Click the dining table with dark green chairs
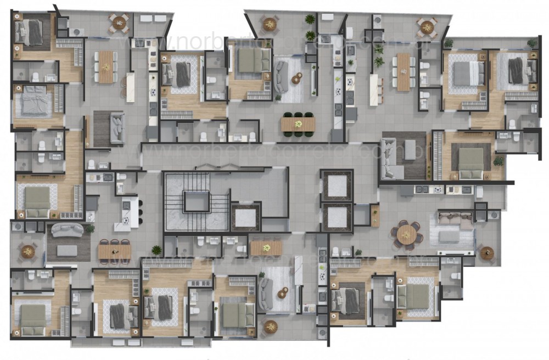pos(298,125)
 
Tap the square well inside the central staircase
pos(196,201)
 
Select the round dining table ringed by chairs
pos(407,235)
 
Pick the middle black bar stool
pos(140,211)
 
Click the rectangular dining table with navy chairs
pos(115,250)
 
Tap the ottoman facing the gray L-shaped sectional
pos(411,149)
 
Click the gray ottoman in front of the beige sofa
pos(449,236)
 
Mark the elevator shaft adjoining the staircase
pos(246,218)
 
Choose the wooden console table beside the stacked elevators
pos(375,215)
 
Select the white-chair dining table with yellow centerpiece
pos(106,66)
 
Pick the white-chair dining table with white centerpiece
pos(404,71)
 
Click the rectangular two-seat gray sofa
pos(116,128)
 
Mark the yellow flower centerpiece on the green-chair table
pos(298,125)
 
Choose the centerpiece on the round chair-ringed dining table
pos(407,235)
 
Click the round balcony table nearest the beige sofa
pos(486,253)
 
